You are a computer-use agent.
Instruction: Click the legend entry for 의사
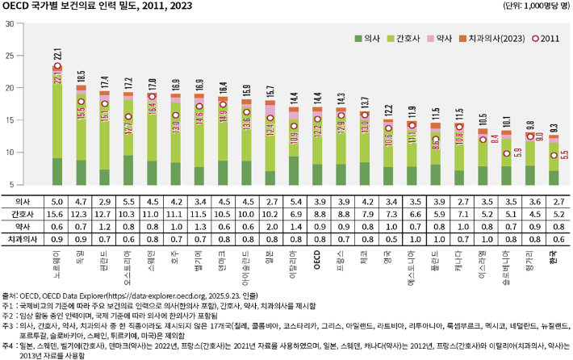(369, 39)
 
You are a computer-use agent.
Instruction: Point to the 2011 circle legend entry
(546, 39)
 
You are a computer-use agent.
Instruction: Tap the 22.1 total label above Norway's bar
(57, 55)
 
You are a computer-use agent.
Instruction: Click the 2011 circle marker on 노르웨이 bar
(57, 69)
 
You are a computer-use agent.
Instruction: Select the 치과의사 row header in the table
(20, 239)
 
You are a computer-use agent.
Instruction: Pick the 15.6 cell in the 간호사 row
(57, 213)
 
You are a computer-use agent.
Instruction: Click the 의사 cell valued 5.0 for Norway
(57, 200)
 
